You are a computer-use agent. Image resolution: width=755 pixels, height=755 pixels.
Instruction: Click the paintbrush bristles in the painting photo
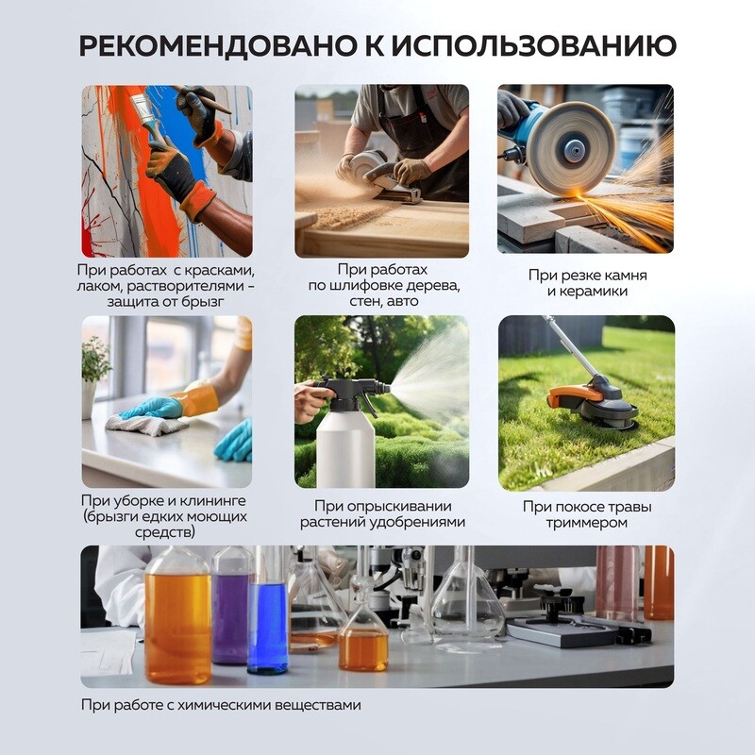click(141, 108)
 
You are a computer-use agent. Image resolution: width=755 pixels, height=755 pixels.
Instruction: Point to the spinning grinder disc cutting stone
click(570, 148)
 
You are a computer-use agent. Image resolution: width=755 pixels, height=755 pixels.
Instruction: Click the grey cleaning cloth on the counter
click(145, 423)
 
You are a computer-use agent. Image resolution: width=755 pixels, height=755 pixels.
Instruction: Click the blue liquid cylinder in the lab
click(268, 626)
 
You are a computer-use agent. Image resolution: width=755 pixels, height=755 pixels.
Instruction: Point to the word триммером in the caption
click(587, 523)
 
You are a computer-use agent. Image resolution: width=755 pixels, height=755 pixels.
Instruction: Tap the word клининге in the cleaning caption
click(211, 501)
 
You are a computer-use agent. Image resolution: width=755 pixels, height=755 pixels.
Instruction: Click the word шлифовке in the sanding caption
click(366, 285)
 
